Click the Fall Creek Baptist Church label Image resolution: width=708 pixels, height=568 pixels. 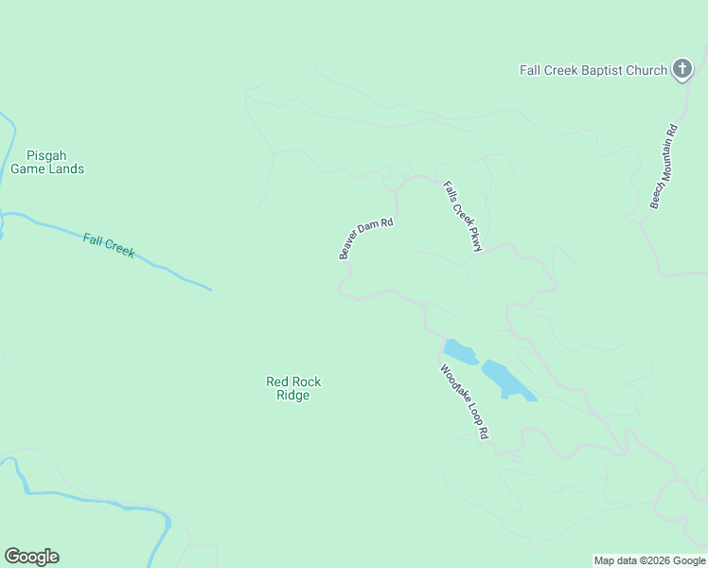pos(593,70)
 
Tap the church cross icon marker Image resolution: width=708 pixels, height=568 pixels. pos(681,68)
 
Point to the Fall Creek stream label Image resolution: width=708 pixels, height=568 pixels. pos(108,245)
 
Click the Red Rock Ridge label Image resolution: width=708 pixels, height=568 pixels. pos(293,388)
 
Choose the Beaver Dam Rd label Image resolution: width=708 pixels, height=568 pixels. pos(365,239)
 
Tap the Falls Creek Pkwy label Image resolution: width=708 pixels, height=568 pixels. pos(464,217)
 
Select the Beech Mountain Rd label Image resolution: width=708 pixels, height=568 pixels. pos(664,167)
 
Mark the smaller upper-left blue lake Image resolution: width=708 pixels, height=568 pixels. pos(461,352)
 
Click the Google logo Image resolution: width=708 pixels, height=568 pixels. pos(31,557)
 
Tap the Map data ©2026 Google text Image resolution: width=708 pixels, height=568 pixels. pos(650,560)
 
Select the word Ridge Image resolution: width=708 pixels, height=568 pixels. pos(293,396)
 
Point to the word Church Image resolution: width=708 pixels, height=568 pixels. pos(646,70)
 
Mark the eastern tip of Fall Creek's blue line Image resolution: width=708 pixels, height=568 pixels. pos(209,289)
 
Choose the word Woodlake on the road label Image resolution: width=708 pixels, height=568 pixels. pos(455,385)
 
